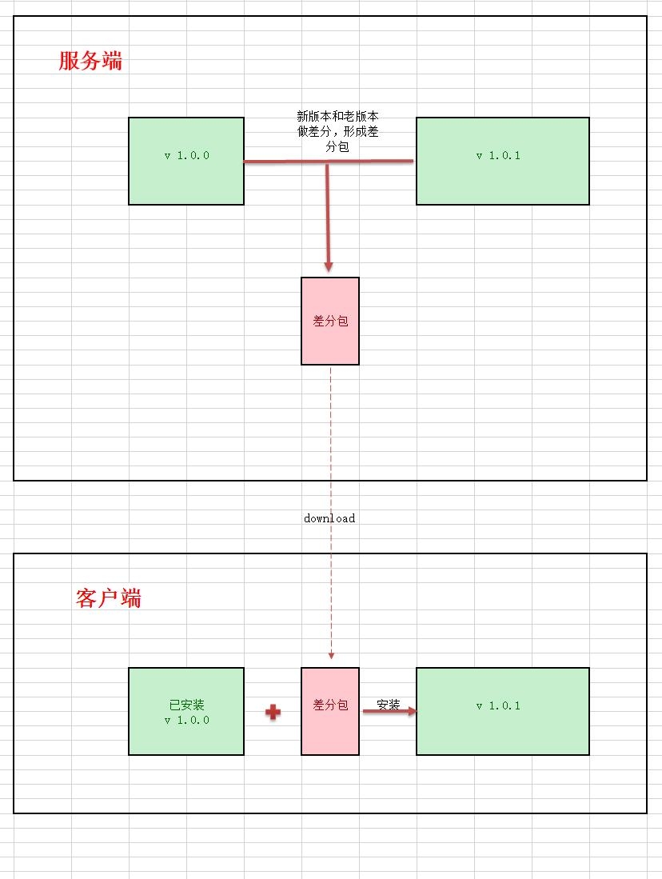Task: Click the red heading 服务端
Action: [90, 62]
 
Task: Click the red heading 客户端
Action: [109, 598]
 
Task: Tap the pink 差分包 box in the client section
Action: [330, 728]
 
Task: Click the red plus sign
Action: [273, 712]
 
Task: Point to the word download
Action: [329, 518]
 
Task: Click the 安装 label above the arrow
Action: [388, 705]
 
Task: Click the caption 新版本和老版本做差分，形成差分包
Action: [337, 132]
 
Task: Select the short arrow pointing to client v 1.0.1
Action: [389, 711]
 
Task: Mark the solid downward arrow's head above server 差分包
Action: [328, 266]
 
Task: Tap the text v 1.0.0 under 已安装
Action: [186, 720]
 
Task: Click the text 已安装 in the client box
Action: [186, 705]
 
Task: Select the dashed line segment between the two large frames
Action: [330, 496]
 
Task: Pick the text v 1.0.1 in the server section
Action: [498, 156]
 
